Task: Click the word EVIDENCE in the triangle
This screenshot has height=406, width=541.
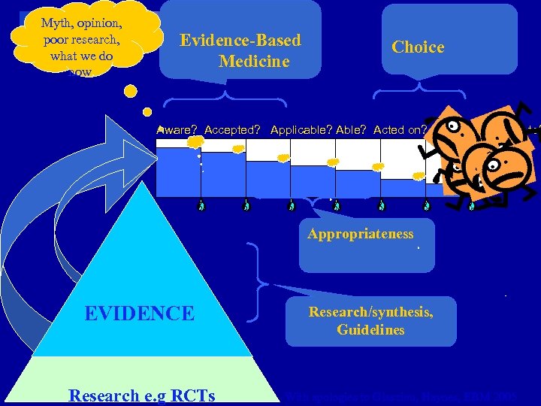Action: (x=139, y=313)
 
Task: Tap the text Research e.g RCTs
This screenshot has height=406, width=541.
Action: (x=141, y=395)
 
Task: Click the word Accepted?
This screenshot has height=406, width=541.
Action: (x=232, y=130)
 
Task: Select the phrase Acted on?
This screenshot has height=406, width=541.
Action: (x=400, y=130)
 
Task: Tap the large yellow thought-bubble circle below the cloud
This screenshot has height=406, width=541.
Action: (x=130, y=92)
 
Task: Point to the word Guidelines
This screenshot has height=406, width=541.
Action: (x=370, y=330)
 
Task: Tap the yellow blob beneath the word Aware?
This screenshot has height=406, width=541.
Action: (x=195, y=142)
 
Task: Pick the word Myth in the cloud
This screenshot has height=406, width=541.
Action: (x=57, y=22)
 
